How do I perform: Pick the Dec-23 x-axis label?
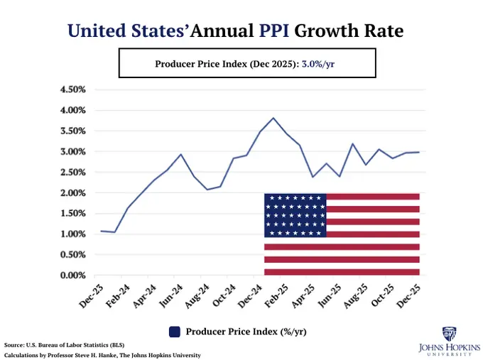pyautogui.click(x=91, y=297)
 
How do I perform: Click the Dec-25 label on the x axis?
pyautogui.click(x=410, y=297)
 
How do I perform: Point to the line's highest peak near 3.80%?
pyautogui.click(x=273, y=118)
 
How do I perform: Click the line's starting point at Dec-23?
pyautogui.click(x=101, y=231)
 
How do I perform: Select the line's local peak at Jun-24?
pyautogui.click(x=180, y=154)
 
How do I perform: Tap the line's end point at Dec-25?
pyautogui.click(x=419, y=152)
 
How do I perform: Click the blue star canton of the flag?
pyautogui.click(x=295, y=214)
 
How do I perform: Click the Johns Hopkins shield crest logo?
pyautogui.click(x=449, y=334)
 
